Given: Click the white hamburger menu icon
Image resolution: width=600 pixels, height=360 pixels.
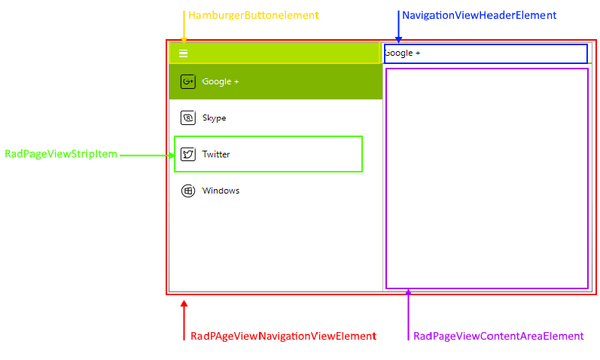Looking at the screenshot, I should coord(183,53).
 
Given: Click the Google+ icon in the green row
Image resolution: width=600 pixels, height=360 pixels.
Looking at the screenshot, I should coord(188,81).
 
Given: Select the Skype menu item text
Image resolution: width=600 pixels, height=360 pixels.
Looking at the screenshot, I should coord(214,118).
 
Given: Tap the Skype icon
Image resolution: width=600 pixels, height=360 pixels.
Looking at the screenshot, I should coord(188,118).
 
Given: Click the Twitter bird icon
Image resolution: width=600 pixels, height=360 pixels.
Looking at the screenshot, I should coord(188,154).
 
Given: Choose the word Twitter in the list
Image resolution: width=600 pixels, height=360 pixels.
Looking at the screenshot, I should coord(216,154).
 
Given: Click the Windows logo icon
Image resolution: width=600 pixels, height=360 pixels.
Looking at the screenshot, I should coord(188,191).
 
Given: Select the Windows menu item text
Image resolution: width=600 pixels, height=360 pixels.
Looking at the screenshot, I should coord(221,191).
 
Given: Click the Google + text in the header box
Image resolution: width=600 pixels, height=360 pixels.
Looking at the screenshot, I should coord(402,53).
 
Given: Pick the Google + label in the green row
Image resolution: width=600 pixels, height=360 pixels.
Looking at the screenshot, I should coord(220,81).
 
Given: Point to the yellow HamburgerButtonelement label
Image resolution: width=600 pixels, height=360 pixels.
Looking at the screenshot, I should coord(253,15).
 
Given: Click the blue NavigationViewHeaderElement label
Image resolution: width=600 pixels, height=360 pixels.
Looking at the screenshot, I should coord(479,15).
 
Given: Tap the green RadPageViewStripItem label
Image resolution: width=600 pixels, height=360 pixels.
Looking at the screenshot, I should coord(61,154).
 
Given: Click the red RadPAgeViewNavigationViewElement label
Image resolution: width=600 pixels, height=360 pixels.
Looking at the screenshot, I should coord(283,336).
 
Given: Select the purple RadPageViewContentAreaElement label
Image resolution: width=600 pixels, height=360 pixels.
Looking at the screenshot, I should coord(498,336).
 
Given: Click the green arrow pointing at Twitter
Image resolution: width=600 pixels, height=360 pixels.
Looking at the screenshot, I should coord(147,155).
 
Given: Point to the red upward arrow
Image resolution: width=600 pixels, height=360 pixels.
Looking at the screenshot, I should coord(184,319).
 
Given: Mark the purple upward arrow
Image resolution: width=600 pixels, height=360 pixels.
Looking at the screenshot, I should coord(408,313).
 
